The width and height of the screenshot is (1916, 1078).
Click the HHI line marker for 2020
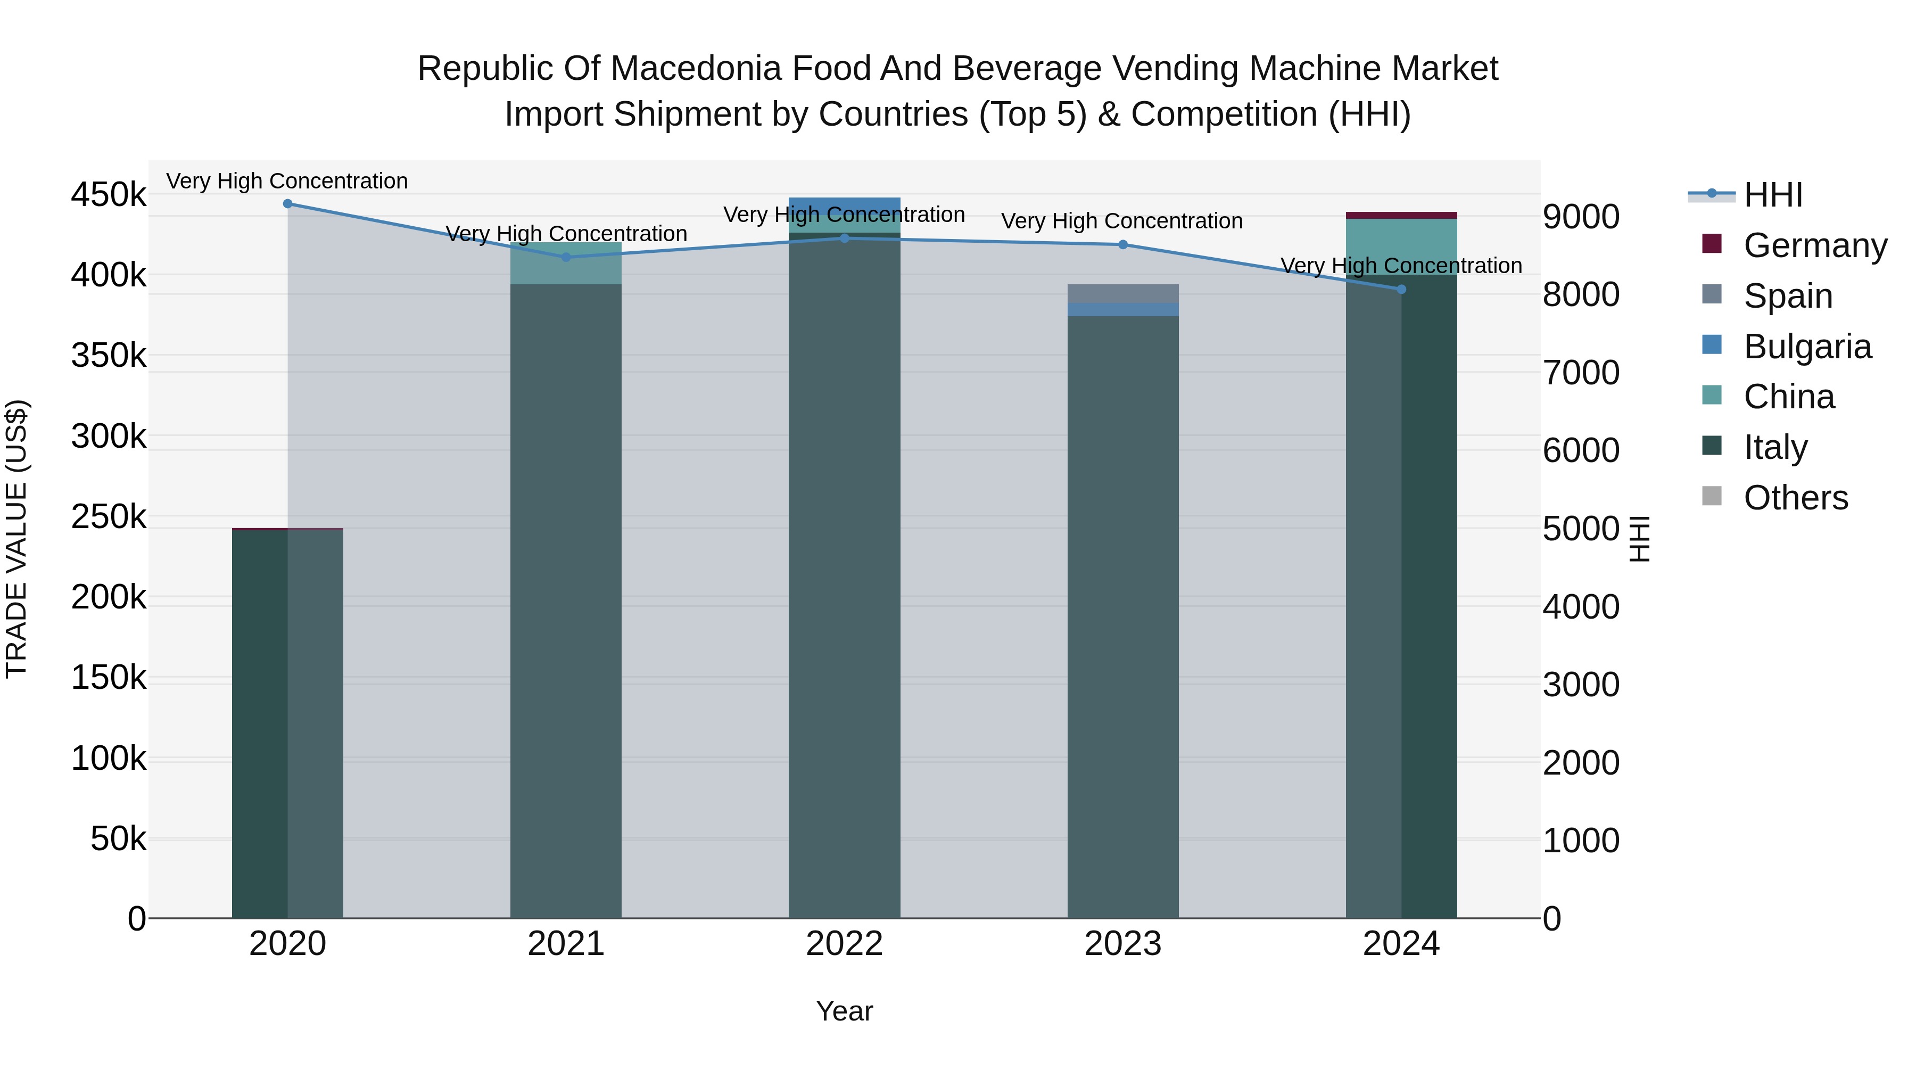(x=288, y=204)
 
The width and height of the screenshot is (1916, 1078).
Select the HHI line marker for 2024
(x=1401, y=290)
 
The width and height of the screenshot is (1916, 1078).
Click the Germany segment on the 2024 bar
(x=1401, y=216)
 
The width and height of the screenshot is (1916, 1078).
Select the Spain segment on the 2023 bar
(x=1122, y=294)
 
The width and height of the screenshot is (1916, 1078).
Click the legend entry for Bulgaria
(x=1807, y=347)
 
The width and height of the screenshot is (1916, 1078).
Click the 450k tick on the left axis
(x=109, y=195)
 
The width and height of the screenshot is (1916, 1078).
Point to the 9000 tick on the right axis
(x=1581, y=217)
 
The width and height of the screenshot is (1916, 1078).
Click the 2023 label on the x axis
(x=1122, y=944)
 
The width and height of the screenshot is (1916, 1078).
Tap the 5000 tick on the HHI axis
(x=1581, y=529)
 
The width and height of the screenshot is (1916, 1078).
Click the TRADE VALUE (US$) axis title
(x=16, y=539)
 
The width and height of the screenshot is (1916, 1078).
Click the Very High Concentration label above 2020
(x=287, y=182)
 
